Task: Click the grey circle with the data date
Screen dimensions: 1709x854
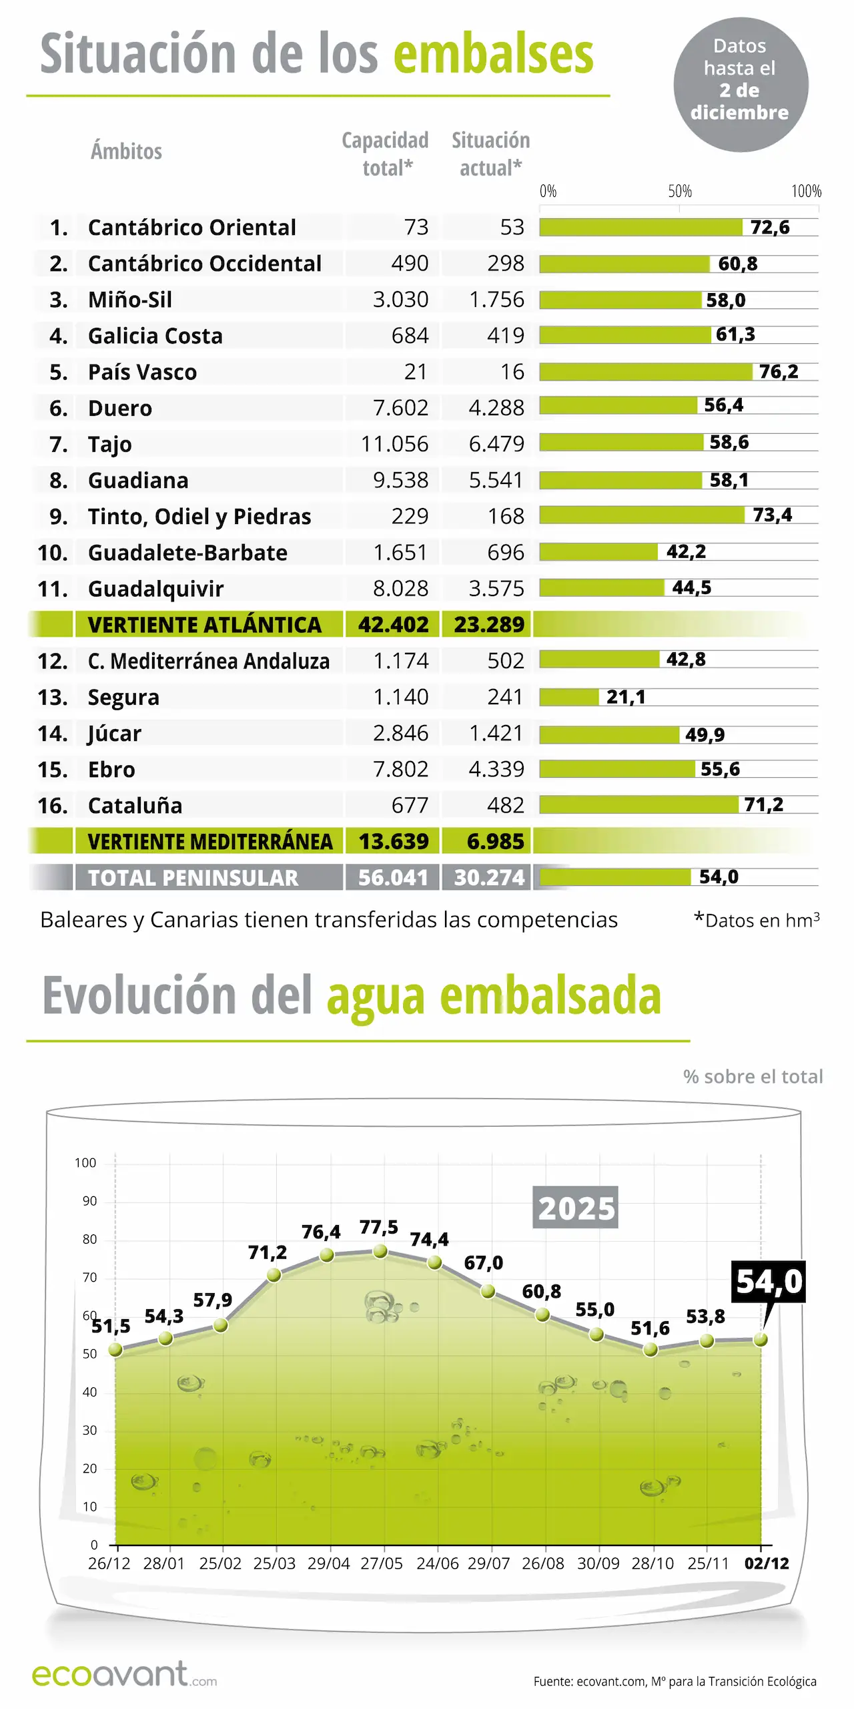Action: (740, 85)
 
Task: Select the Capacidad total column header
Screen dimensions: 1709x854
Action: (385, 154)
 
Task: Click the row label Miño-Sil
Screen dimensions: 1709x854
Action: (130, 300)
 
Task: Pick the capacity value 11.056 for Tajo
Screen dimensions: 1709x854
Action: (394, 444)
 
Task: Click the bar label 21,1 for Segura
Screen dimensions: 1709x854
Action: (625, 697)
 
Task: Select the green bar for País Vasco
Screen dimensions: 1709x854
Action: (645, 372)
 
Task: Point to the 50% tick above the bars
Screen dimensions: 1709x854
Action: (679, 192)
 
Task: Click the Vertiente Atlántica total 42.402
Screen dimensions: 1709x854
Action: (393, 625)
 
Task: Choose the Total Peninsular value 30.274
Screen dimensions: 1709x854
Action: (489, 877)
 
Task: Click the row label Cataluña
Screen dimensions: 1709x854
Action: (135, 806)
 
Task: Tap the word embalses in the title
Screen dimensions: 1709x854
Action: (493, 55)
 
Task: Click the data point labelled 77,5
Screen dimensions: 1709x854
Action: (380, 1251)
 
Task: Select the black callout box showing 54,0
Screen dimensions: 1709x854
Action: (769, 1281)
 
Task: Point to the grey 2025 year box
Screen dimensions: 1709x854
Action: (575, 1208)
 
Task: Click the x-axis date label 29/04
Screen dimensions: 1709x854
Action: (328, 1563)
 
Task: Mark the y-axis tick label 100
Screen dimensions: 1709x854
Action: (85, 1163)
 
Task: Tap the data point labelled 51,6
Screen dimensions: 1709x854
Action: (651, 1350)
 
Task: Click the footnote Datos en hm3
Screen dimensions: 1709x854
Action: (757, 920)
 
